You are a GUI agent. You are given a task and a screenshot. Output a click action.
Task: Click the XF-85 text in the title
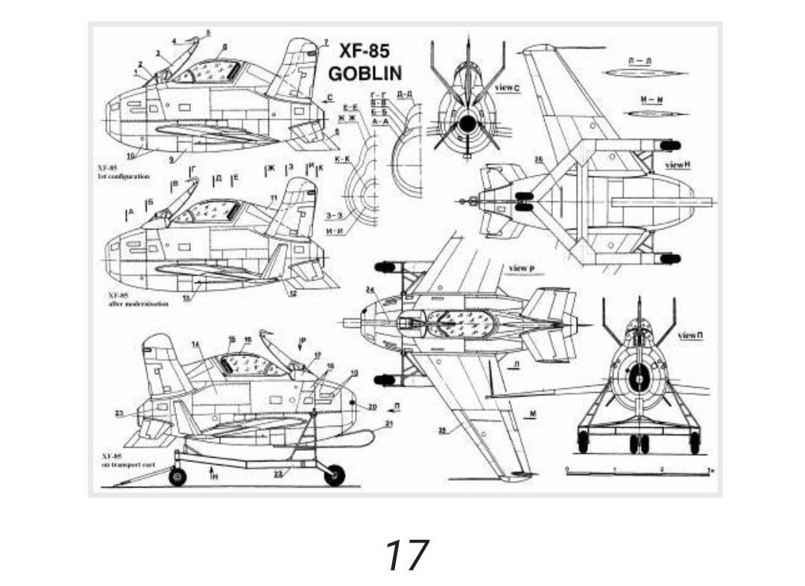[x=364, y=51]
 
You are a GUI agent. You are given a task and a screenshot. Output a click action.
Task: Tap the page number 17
[x=406, y=555]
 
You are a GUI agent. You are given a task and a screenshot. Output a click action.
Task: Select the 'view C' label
[x=508, y=88]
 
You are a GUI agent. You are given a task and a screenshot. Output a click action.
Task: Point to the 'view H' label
[x=675, y=165]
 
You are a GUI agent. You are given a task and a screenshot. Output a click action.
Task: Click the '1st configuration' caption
[x=123, y=177]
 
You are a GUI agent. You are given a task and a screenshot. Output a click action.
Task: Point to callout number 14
[x=195, y=344]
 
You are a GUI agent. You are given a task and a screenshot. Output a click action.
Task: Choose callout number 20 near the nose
[x=372, y=406]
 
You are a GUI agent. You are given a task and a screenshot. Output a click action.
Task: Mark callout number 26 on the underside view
[x=538, y=160]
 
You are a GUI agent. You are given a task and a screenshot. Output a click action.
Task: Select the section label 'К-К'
[x=343, y=160]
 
